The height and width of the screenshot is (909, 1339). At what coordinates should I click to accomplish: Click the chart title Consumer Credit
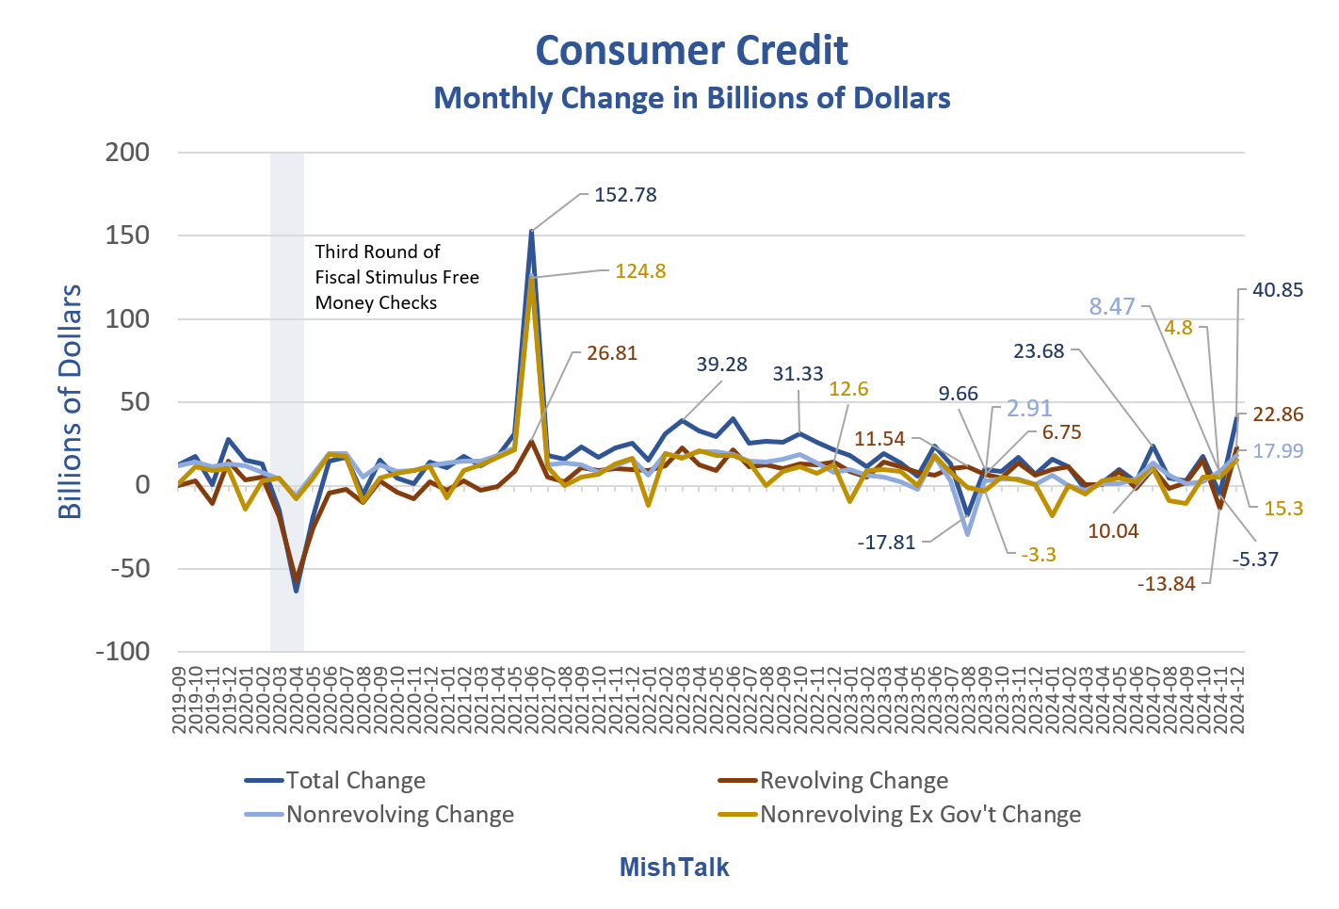691,51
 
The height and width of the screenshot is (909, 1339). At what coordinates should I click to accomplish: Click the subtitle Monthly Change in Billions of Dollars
691,98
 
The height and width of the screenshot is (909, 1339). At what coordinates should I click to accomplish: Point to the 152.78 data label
625,195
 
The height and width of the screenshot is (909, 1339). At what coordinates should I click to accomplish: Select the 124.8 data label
640,271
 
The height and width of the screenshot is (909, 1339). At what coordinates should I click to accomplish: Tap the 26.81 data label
612,353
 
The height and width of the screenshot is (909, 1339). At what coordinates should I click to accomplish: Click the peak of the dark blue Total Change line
532,231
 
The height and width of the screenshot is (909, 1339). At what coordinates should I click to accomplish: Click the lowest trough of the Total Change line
296,591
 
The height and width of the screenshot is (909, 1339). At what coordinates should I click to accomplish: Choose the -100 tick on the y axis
122,651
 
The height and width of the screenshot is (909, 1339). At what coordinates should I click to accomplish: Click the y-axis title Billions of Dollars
71,401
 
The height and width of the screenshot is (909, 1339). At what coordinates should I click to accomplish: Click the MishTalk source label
674,867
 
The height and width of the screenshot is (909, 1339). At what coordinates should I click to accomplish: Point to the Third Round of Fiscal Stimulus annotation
396,277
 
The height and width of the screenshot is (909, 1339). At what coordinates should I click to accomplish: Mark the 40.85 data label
1278,290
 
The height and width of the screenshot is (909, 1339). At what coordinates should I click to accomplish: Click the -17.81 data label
886,543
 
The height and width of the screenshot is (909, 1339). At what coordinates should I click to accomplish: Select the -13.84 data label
1166,584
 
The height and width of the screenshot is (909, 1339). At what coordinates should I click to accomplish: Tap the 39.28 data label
721,365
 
